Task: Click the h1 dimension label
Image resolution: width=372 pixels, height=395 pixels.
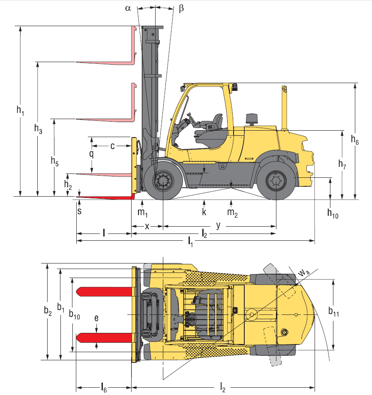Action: click(21, 111)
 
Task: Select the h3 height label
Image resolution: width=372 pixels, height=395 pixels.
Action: click(38, 129)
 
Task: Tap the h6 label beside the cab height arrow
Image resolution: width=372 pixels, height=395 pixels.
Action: click(354, 140)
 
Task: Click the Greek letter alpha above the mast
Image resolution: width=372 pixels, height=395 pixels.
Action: click(128, 8)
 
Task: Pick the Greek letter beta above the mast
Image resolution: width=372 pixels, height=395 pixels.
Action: click(181, 8)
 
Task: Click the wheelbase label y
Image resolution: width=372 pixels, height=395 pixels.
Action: click(218, 225)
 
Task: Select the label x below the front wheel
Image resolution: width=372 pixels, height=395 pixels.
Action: click(147, 227)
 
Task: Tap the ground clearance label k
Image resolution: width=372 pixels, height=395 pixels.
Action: click(204, 212)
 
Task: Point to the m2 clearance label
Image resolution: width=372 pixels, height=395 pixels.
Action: click(232, 213)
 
